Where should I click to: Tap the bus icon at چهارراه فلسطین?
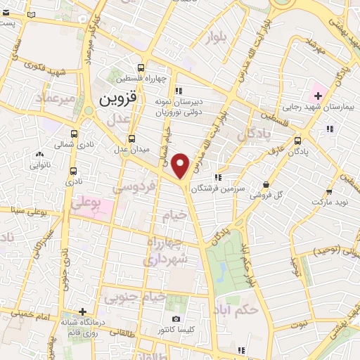[x=142, y=69]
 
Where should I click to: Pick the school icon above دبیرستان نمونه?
[x=179, y=90]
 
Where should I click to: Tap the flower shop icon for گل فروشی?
[x=266, y=185]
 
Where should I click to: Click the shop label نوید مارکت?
[x=328, y=202]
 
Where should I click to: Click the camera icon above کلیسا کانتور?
[x=155, y=318]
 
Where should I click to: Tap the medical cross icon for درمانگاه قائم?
[x=83, y=311]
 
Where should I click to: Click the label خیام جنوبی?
[x=136, y=298]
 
